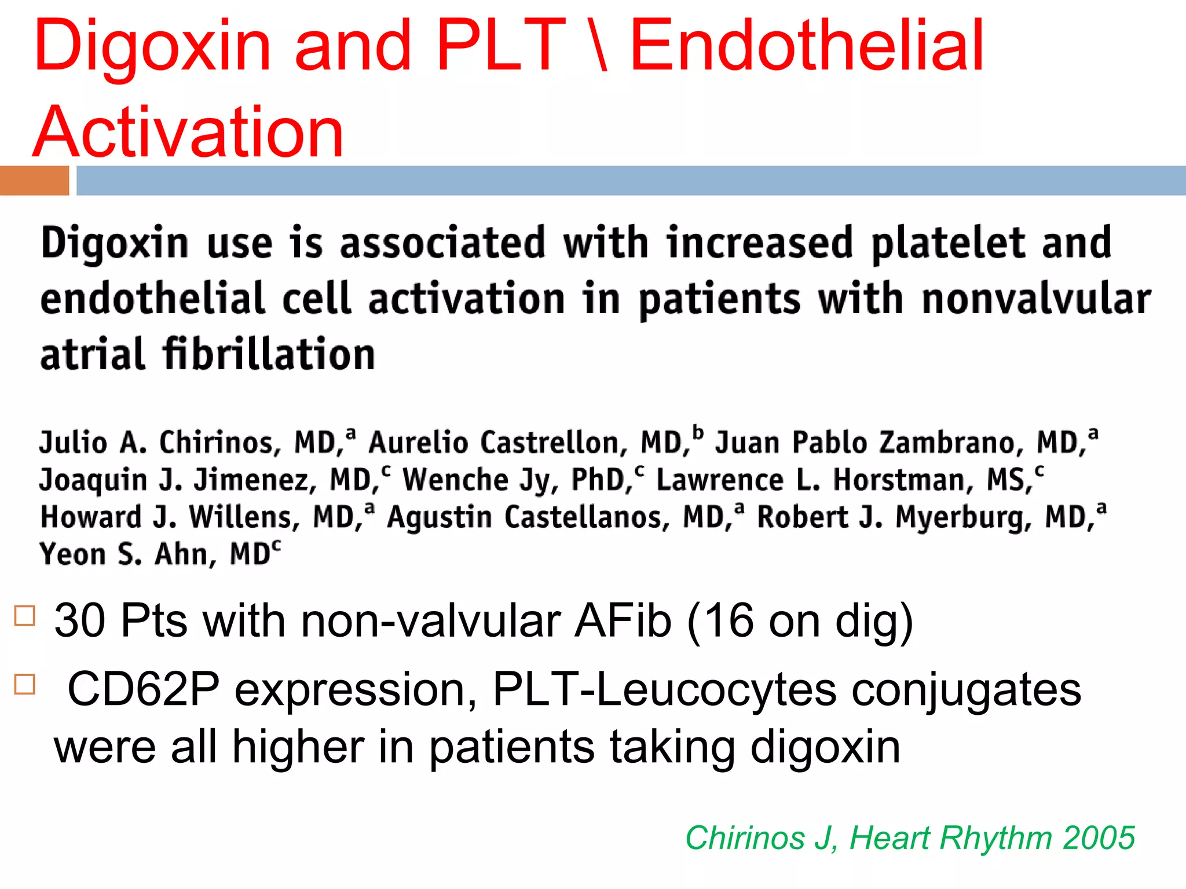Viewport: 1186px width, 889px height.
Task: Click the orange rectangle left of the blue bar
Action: point(34,180)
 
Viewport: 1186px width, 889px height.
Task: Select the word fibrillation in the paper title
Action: point(269,354)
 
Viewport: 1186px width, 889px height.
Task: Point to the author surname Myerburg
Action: point(963,517)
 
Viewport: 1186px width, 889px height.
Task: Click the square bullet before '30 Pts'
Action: point(25,615)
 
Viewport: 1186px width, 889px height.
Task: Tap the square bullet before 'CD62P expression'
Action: point(25,684)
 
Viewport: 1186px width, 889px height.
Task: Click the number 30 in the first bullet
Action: point(80,620)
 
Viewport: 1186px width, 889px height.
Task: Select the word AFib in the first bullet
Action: point(623,620)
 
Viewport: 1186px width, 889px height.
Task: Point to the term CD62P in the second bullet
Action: point(143,689)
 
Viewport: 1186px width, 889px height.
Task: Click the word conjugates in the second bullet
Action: point(966,690)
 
